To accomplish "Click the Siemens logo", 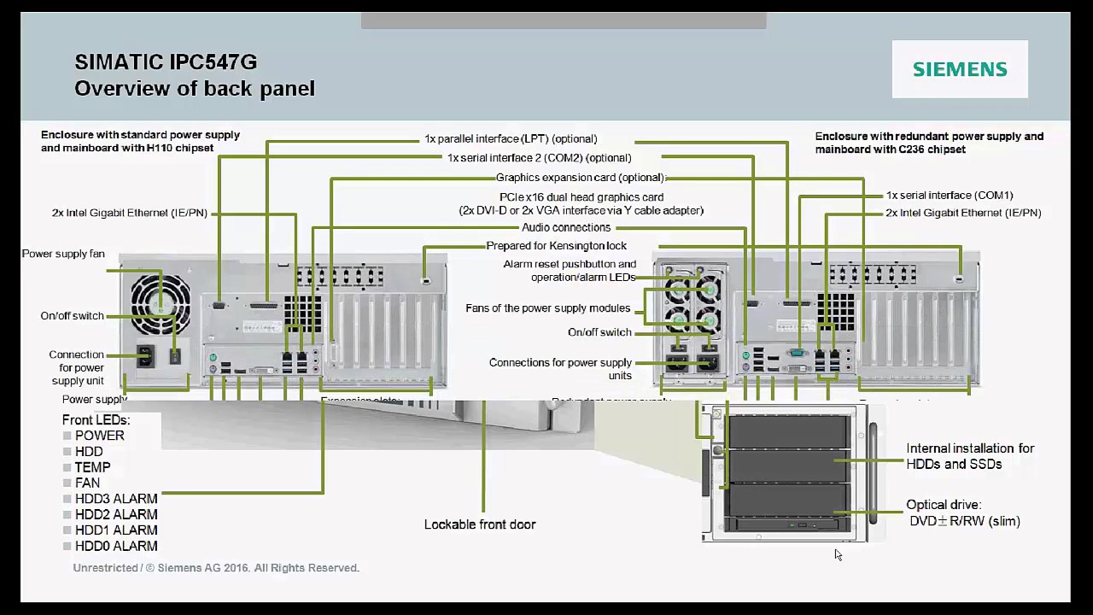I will tap(960, 69).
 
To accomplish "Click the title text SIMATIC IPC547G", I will tap(166, 61).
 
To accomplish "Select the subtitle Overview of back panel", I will tap(195, 88).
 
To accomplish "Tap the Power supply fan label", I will tap(63, 254).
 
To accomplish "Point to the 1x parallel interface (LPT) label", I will tap(511, 138).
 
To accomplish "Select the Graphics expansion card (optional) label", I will tap(580, 178).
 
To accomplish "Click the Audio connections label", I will tap(566, 227).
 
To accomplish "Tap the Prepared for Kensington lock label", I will tap(556, 246).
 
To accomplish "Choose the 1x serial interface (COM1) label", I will tap(950, 196).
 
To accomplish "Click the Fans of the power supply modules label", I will tap(547, 308).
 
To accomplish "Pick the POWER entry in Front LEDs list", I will tap(99, 436).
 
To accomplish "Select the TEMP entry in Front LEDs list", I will tap(92, 467).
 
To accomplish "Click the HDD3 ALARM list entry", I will tap(116, 499).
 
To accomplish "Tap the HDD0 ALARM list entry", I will tap(116, 546).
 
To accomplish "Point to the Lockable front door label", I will tap(480, 524).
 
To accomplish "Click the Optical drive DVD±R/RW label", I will tap(964, 513).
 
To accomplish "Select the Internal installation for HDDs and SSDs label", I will tap(970, 456).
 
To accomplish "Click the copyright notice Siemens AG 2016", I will tap(216, 568).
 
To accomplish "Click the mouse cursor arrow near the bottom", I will tap(838, 554).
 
